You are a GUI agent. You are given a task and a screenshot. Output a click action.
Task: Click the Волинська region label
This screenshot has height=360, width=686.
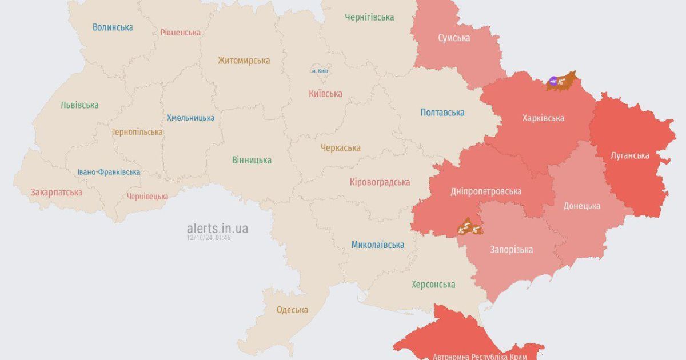tap(113, 27)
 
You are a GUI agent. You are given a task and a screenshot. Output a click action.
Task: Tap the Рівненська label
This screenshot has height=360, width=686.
tap(180, 32)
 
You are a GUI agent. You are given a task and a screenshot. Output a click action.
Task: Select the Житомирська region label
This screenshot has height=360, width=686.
tap(244, 61)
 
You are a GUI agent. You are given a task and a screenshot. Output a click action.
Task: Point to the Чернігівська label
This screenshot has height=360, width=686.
tap(369, 17)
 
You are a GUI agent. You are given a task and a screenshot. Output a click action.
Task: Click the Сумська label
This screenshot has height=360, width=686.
tap(454, 38)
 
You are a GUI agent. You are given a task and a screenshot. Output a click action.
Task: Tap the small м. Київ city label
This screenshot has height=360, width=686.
tap(320, 70)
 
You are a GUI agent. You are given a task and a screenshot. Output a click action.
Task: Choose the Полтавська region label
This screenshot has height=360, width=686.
tap(442, 113)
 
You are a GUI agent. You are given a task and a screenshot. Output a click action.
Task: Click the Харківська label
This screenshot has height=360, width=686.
tap(543, 118)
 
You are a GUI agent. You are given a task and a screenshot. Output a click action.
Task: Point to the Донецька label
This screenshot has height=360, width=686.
tap(581, 206)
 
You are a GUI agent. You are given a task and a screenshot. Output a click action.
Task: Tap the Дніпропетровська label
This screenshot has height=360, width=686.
tap(485, 191)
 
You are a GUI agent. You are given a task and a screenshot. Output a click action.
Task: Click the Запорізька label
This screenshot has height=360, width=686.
tap(511, 250)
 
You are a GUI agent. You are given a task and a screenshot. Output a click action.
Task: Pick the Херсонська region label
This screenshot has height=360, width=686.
tap(433, 284)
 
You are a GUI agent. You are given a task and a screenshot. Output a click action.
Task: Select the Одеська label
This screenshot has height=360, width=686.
tap(292, 310)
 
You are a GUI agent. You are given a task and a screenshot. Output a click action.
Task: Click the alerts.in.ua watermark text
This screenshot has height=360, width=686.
tap(217, 228)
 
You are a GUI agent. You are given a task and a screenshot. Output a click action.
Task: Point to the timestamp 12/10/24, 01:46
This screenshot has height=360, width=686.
tap(209, 238)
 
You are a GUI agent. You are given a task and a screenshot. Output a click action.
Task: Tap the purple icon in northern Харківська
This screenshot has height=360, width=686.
tap(553, 81)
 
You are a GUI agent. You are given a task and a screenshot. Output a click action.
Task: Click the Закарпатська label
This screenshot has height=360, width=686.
tap(57, 192)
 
